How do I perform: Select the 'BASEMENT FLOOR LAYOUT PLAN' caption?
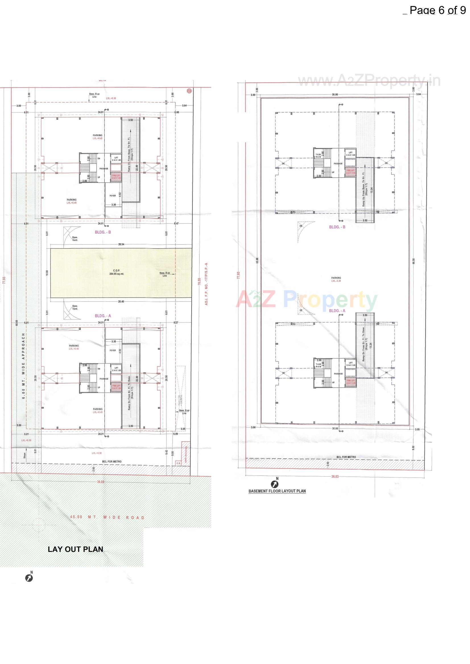[277, 491]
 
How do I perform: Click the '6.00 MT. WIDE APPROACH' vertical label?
[23, 366]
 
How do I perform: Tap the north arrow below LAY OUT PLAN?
[29, 578]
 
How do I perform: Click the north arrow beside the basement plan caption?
[274, 484]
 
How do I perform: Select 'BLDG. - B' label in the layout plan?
[103, 232]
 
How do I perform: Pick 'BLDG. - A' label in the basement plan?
[337, 310]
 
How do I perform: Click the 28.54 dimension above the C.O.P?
[121, 244]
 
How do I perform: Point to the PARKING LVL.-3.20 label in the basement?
[336, 279]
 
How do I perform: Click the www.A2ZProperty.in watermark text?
[369, 81]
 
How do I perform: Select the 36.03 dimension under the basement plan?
[335, 476]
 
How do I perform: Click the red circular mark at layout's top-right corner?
[189, 91]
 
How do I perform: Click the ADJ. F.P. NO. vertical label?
[206, 284]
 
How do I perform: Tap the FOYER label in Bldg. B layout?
[113, 195]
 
